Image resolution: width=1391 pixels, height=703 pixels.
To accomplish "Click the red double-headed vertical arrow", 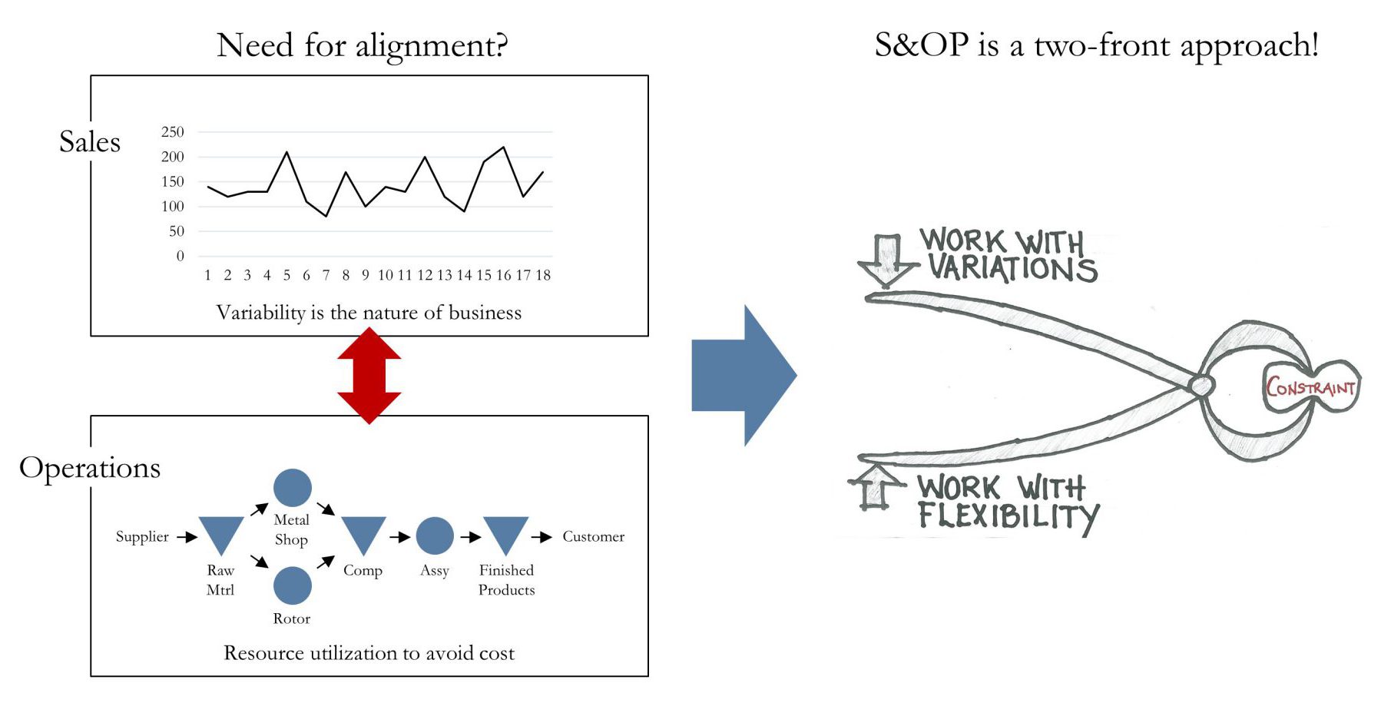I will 369,376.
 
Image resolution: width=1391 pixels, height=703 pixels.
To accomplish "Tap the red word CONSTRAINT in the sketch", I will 1310,386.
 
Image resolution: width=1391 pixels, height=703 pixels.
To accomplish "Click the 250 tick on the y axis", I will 173,132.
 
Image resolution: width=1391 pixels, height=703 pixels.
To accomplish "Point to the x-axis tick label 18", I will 543,275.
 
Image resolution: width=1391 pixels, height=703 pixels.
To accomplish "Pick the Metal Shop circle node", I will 293,487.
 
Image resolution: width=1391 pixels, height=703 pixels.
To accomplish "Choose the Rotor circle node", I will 293,585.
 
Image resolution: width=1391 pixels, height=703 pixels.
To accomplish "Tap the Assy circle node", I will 435,536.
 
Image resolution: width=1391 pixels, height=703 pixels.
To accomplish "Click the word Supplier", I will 142,536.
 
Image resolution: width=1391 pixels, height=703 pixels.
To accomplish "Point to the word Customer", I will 593,536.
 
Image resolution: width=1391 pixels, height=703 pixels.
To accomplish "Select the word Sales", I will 90,142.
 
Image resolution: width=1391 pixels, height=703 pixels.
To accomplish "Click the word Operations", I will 90,468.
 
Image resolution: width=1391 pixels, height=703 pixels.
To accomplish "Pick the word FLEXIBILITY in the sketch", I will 1008,516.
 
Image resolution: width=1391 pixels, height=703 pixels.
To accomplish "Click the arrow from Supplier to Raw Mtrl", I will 187,537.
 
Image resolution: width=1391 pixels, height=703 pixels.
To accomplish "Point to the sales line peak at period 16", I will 503,148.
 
